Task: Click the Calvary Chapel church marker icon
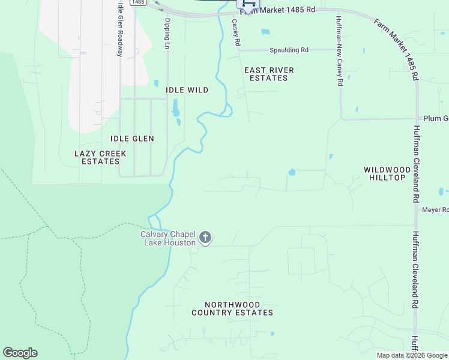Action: [x=205, y=238]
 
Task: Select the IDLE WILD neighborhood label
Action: [x=187, y=90]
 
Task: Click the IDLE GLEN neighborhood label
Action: [x=132, y=139]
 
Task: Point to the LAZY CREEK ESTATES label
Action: [x=100, y=157]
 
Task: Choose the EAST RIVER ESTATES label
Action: [x=269, y=74]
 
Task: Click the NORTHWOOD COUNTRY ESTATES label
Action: [x=232, y=308]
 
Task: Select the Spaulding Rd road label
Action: [x=289, y=50]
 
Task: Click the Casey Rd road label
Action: [x=236, y=33]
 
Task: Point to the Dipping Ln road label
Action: [x=167, y=34]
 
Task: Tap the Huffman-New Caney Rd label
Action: [x=339, y=51]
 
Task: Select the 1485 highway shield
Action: [x=138, y=2]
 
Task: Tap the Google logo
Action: [x=20, y=353]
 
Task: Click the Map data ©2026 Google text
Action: [x=411, y=355]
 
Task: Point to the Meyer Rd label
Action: [x=435, y=209]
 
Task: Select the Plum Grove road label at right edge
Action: [x=436, y=119]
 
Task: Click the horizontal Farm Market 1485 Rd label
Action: [x=277, y=11]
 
